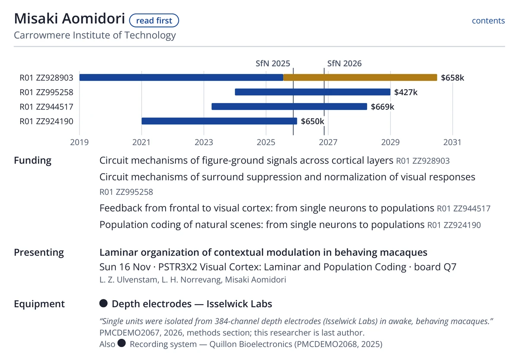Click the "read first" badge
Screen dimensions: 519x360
tap(154, 21)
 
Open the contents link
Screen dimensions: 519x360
tap(488, 21)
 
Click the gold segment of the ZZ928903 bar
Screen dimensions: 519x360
tap(360, 77)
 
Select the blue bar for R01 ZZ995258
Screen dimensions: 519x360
tap(313, 92)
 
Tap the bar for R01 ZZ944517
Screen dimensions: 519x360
tap(289, 106)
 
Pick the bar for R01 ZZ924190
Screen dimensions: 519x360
tap(219, 121)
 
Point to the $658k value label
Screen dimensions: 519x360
tap(452, 77)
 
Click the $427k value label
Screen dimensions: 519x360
tap(406, 92)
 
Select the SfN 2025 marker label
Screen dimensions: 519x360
tap(273, 64)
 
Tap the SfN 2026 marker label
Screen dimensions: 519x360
tap(344, 64)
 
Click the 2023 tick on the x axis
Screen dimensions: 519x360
tap(204, 142)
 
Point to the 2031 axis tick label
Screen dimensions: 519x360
tap(452, 142)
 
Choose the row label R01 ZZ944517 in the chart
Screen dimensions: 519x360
tap(46, 107)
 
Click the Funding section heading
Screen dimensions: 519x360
tap(33, 161)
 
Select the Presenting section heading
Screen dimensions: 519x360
tap(39, 252)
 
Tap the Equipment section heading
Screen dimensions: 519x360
tap(39, 304)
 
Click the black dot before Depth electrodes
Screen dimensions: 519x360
tap(103, 303)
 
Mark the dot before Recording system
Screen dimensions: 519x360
tap(122, 343)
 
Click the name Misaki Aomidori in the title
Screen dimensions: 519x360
tap(70, 19)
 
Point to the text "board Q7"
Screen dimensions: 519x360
tap(435, 267)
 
